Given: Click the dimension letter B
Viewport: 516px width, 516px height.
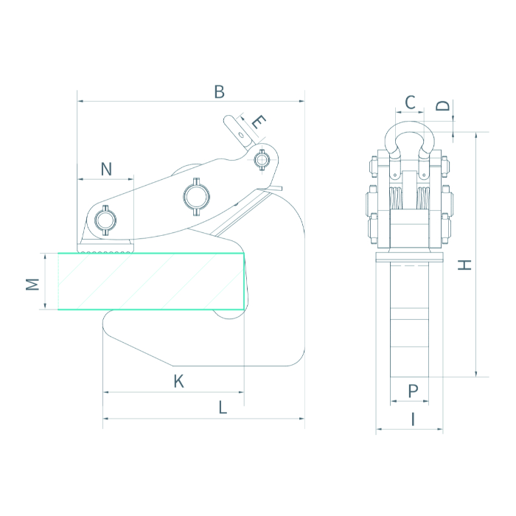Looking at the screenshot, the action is click(219, 92).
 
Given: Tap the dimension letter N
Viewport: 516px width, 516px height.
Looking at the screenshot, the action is click(106, 169).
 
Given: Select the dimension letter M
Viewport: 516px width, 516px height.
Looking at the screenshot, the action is click(32, 285).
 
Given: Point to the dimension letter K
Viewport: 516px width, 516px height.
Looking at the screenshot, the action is click(178, 381).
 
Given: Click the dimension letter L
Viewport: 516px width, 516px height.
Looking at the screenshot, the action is click(223, 408).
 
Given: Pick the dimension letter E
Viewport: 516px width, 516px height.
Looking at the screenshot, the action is click(259, 122).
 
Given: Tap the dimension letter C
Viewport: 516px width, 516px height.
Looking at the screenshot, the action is click(410, 102).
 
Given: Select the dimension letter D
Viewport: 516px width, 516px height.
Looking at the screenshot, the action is click(442, 105).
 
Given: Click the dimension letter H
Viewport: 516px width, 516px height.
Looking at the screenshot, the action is click(464, 265).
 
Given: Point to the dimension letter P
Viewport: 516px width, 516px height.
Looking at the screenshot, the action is click(413, 391).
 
